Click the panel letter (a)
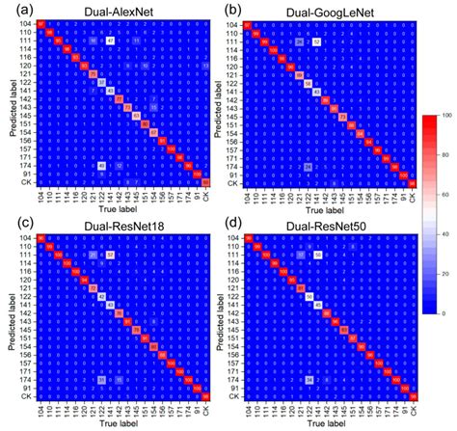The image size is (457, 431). coord(13,10)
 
